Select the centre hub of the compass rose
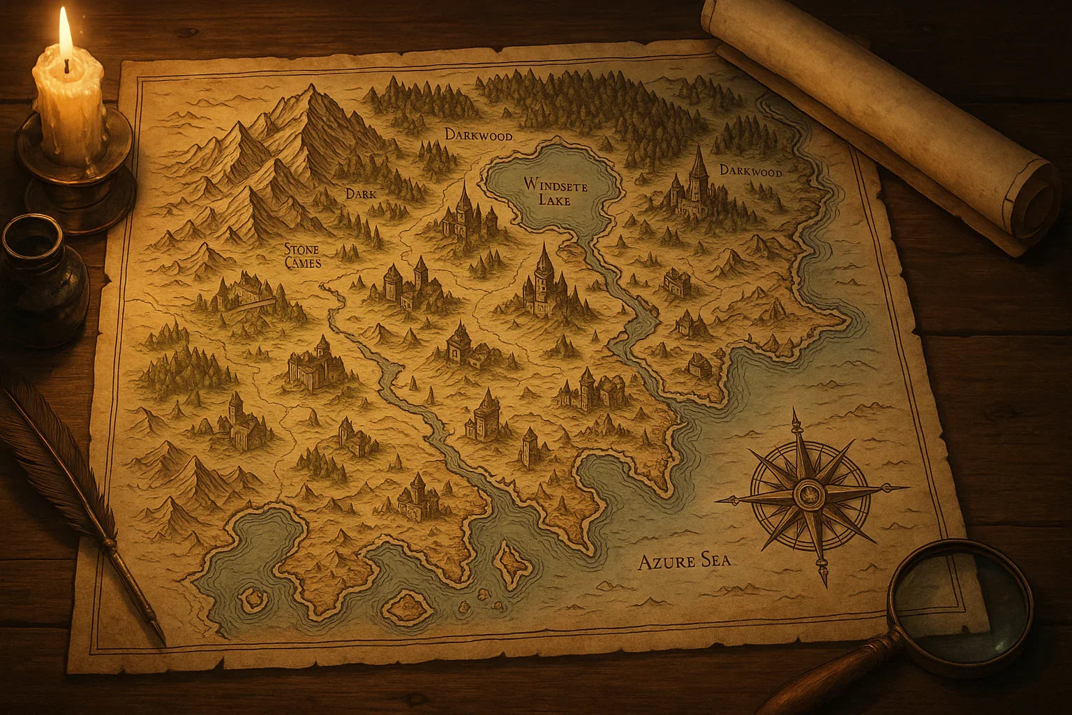click(x=810, y=494)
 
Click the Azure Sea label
click(x=685, y=561)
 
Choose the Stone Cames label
click(x=303, y=256)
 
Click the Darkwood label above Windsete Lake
click(x=479, y=134)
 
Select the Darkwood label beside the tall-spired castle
click(x=751, y=171)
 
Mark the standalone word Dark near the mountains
click(x=361, y=195)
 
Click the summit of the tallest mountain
click(x=312, y=89)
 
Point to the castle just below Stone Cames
click(x=244, y=293)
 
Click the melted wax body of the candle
click(x=70, y=105)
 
